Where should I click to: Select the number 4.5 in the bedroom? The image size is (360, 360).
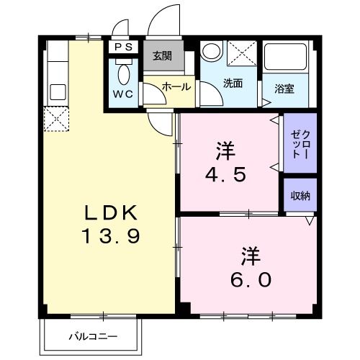(228, 174)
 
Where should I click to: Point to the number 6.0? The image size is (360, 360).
(251, 279)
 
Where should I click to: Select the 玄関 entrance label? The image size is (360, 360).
(161, 55)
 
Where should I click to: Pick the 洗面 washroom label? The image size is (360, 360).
(232, 83)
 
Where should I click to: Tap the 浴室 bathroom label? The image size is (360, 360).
(285, 89)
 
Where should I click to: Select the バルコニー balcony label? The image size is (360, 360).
(94, 336)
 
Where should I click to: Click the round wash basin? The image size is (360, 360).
(212, 51)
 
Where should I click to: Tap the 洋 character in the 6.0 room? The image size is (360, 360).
(250, 256)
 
